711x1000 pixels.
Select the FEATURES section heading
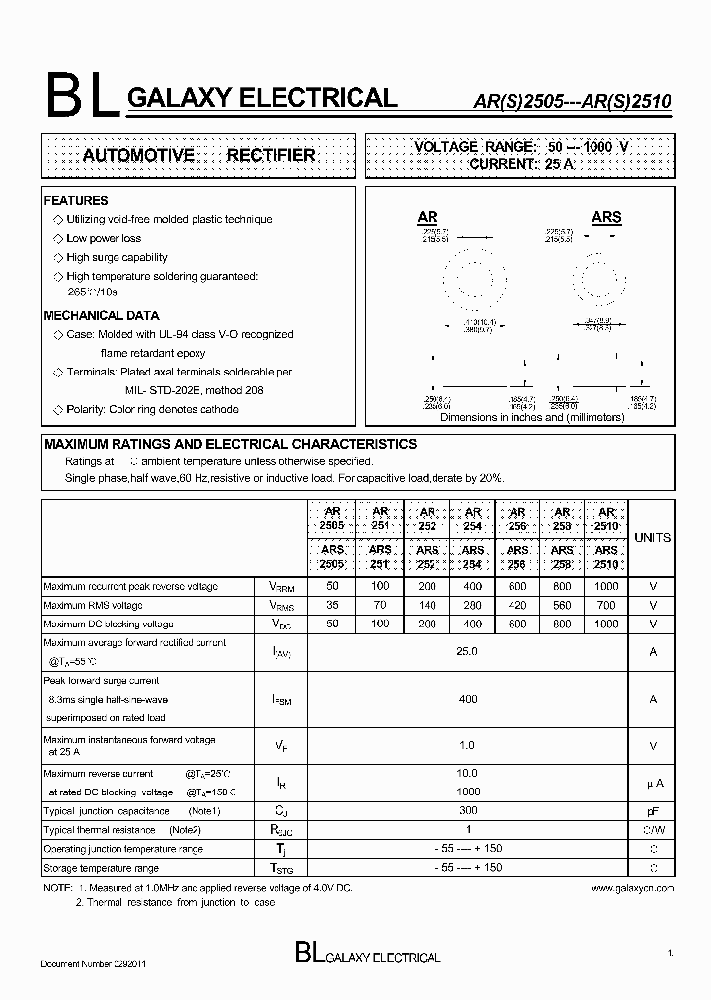click(x=76, y=201)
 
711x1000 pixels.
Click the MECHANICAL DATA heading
click(x=102, y=316)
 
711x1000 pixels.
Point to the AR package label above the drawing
click(x=428, y=217)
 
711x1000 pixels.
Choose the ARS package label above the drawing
click(x=606, y=217)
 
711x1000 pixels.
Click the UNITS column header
click(x=652, y=538)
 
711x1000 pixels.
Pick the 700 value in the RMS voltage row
click(x=607, y=605)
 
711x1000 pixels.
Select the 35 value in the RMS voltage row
click(x=333, y=605)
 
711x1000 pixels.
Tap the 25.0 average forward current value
click(x=468, y=652)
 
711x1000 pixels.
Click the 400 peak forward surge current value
click(x=468, y=699)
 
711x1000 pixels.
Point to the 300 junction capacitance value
click(x=468, y=810)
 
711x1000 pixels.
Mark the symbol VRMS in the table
click(x=281, y=606)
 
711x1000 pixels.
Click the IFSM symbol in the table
click(x=281, y=700)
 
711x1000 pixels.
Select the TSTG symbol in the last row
click(x=281, y=868)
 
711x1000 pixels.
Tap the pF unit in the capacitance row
click(x=652, y=811)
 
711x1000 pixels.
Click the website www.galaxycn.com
click(x=633, y=888)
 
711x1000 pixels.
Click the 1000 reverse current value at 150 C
click(x=468, y=792)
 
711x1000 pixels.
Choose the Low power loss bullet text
click(x=104, y=238)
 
